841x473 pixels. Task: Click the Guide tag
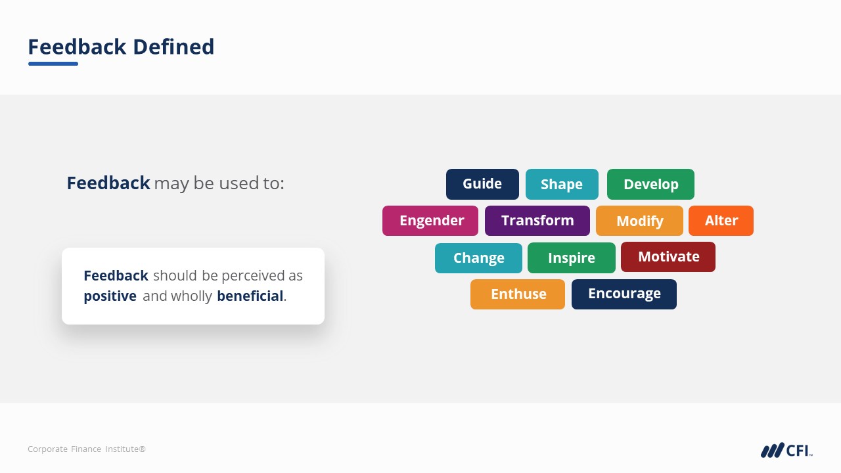[482, 184]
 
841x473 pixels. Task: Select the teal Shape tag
[562, 184]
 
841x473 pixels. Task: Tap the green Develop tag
[650, 184]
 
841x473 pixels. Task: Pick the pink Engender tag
[430, 221]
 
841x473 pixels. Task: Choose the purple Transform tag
[537, 221]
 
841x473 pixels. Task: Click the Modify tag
[639, 221]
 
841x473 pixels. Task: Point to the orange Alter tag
[721, 221]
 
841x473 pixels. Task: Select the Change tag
[478, 258]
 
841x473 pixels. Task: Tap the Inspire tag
[572, 258]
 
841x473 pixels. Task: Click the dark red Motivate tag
[668, 257]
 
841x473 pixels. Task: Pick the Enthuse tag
[518, 294]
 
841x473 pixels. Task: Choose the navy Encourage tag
[624, 294]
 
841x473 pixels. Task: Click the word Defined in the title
[173, 47]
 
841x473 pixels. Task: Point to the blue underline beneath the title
[53, 64]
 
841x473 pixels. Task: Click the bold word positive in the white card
[110, 296]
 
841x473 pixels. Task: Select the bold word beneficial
[250, 296]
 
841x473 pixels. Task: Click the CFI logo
[786, 450]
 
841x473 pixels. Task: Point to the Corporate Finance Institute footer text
[87, 449]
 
